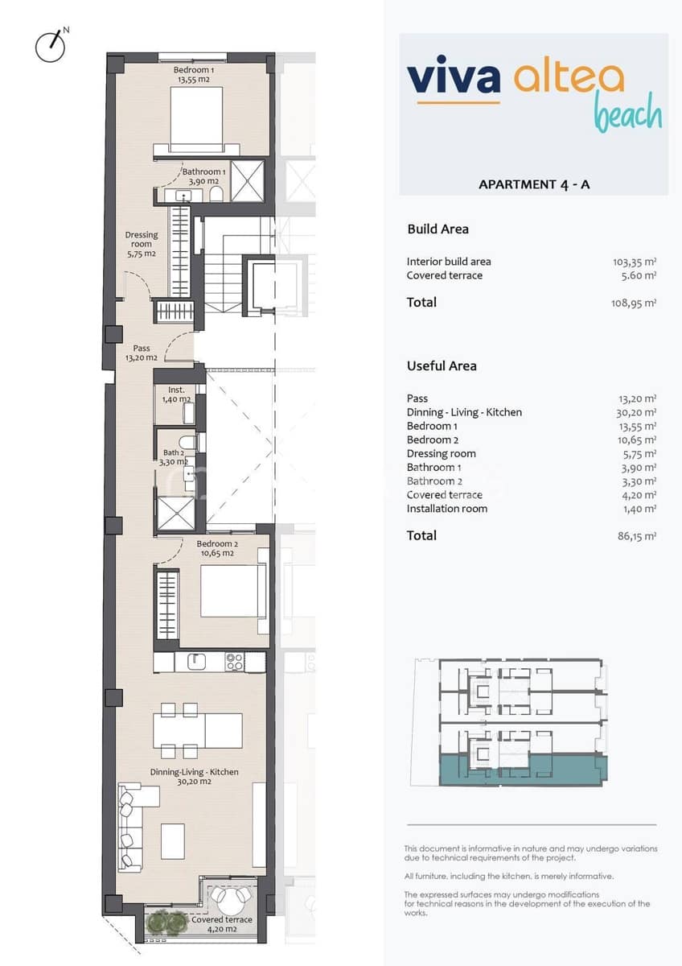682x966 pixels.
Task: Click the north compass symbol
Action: (51, 46)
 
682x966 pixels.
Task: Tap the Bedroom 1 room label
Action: (194, 75)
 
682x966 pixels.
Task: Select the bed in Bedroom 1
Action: (196, 118)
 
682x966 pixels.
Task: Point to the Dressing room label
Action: (141, 244)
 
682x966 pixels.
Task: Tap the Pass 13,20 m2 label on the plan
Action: (142, 353)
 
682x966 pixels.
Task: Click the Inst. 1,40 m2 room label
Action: (176, 394)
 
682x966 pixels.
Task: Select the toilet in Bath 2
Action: (187, 443)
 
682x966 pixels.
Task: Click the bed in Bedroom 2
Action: (232, 592)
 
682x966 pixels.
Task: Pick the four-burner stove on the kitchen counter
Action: (235, 662)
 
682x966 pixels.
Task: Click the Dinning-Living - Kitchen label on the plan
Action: (195, 776)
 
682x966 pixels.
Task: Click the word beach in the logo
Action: (628, 114)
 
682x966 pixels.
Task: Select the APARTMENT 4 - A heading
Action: (534, 184)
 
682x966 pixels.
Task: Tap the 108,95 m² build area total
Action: (634, 303)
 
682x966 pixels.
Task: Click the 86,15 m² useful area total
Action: (637, 536)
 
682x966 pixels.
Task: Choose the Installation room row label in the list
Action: (447, 509)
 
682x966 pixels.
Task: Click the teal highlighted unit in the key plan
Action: (523, 770)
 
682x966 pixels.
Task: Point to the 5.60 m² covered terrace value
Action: (639, 275)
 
